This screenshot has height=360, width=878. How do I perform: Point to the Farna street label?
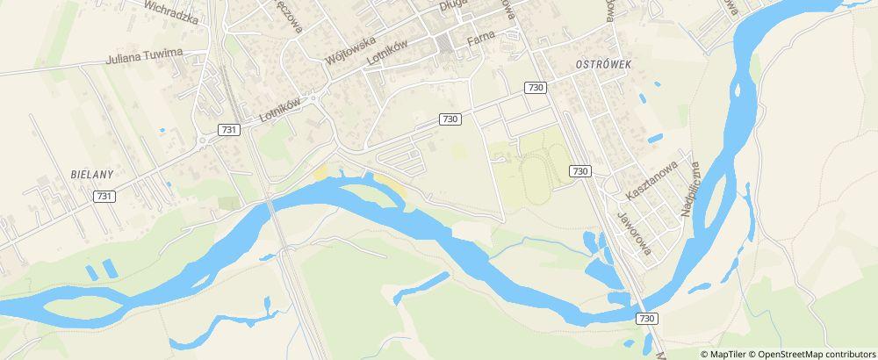point(481,39)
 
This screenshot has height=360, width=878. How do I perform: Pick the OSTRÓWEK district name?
point(602,65)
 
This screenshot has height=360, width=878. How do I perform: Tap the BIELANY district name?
point(89,175)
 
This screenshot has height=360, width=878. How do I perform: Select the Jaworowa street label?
point(633,232)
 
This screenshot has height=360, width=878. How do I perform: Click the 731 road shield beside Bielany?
point(104,197)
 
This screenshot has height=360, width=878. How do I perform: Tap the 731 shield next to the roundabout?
point(228,129)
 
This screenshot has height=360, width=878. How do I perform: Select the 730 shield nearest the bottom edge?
point(646,318)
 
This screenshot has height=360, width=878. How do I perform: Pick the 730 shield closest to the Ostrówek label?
point(536,87)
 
